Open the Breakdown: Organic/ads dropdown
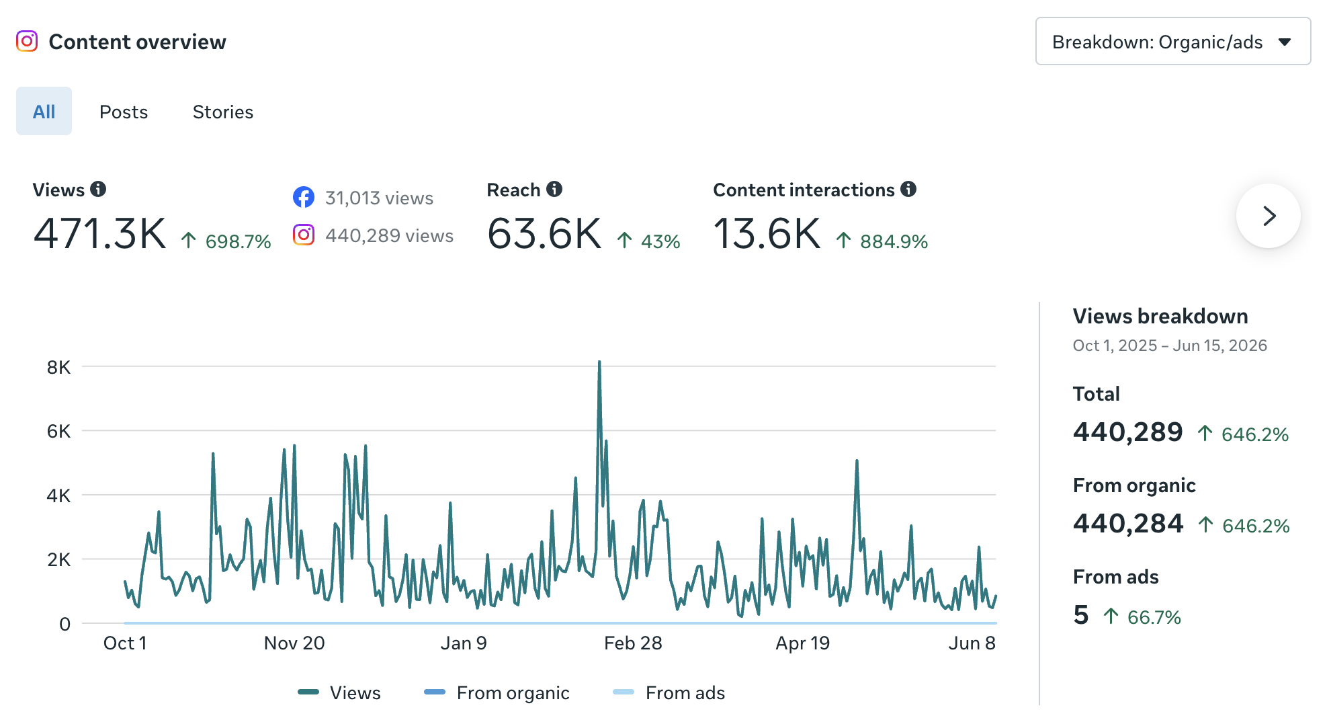1172,42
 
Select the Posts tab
124,112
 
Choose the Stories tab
223,112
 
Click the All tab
44,111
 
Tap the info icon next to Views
98,189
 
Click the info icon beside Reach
554,189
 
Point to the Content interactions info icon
908,189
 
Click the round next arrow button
1269,216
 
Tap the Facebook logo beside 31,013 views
304,197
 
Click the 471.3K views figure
99,234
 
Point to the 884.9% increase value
894,241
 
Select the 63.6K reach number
544,234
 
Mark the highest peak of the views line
599,362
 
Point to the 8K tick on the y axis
58,367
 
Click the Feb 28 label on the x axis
633,643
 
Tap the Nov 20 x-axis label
294,643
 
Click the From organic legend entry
497,692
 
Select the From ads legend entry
669,692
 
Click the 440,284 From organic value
1128,523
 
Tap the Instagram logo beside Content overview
27,41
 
